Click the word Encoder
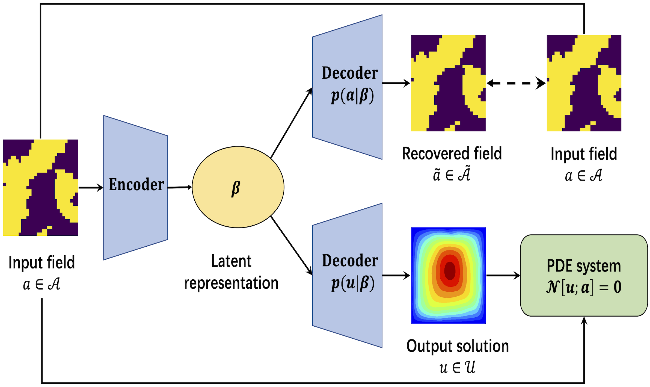point(136,185)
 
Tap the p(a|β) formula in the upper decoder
point(352,96)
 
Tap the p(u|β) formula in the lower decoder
point(352,284)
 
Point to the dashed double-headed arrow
point(516,83)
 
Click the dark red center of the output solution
point(449,270)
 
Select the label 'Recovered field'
point(452,153)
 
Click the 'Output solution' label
point(458,346)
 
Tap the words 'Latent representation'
point(231,272)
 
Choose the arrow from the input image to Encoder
point(91,188)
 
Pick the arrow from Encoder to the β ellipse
point(180,187)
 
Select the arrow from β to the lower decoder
point(291,246)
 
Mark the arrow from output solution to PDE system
point(503,275)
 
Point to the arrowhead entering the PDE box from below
point(584,321)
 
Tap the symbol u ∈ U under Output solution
point(457,367)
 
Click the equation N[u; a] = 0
point(584,287)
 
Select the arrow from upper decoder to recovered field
point(396,83)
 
